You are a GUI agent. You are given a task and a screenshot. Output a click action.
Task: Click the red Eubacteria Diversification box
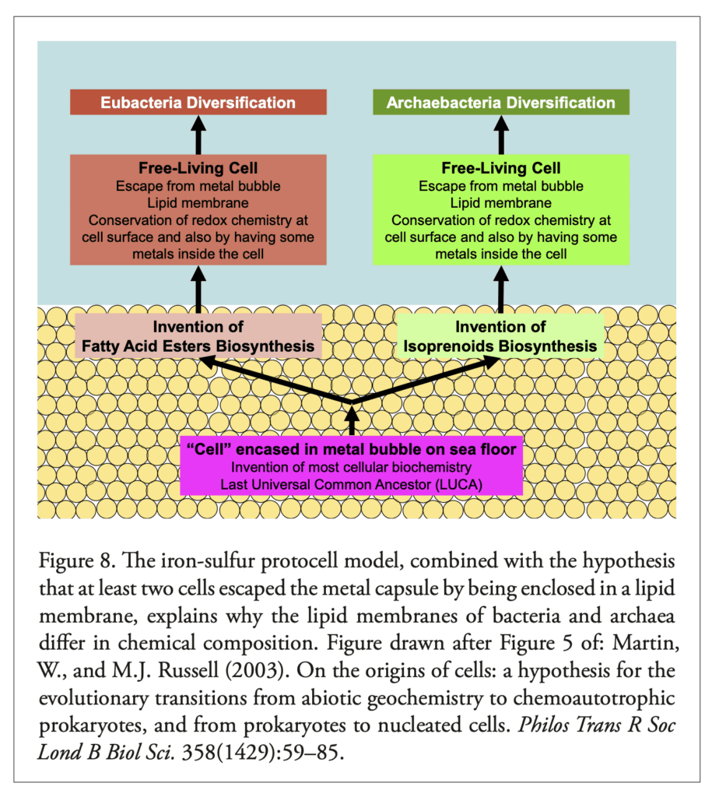point(198,102)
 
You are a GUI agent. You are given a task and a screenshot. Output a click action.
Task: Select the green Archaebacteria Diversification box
point(501,102)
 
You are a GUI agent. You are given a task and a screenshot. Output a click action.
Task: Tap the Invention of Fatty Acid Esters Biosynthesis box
point(198,336)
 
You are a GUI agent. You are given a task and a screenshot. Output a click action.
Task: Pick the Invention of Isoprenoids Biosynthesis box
point(500,336)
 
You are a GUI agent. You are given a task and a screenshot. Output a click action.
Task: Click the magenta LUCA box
point(351,465)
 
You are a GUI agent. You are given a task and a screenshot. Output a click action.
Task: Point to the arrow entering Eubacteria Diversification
point(198,135)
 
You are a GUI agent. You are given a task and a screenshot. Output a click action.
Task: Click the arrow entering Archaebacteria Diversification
point(501,135)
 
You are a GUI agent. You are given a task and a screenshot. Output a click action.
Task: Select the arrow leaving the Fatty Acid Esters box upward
point(198,290)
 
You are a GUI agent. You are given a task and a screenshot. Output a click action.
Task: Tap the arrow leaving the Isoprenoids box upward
point(501,290)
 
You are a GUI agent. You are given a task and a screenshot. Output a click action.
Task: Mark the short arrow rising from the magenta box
point(352,420)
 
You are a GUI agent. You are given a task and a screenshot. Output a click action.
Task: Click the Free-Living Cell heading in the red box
point(198,168)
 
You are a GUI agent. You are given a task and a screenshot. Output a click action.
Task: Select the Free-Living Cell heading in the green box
point(501,168)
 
